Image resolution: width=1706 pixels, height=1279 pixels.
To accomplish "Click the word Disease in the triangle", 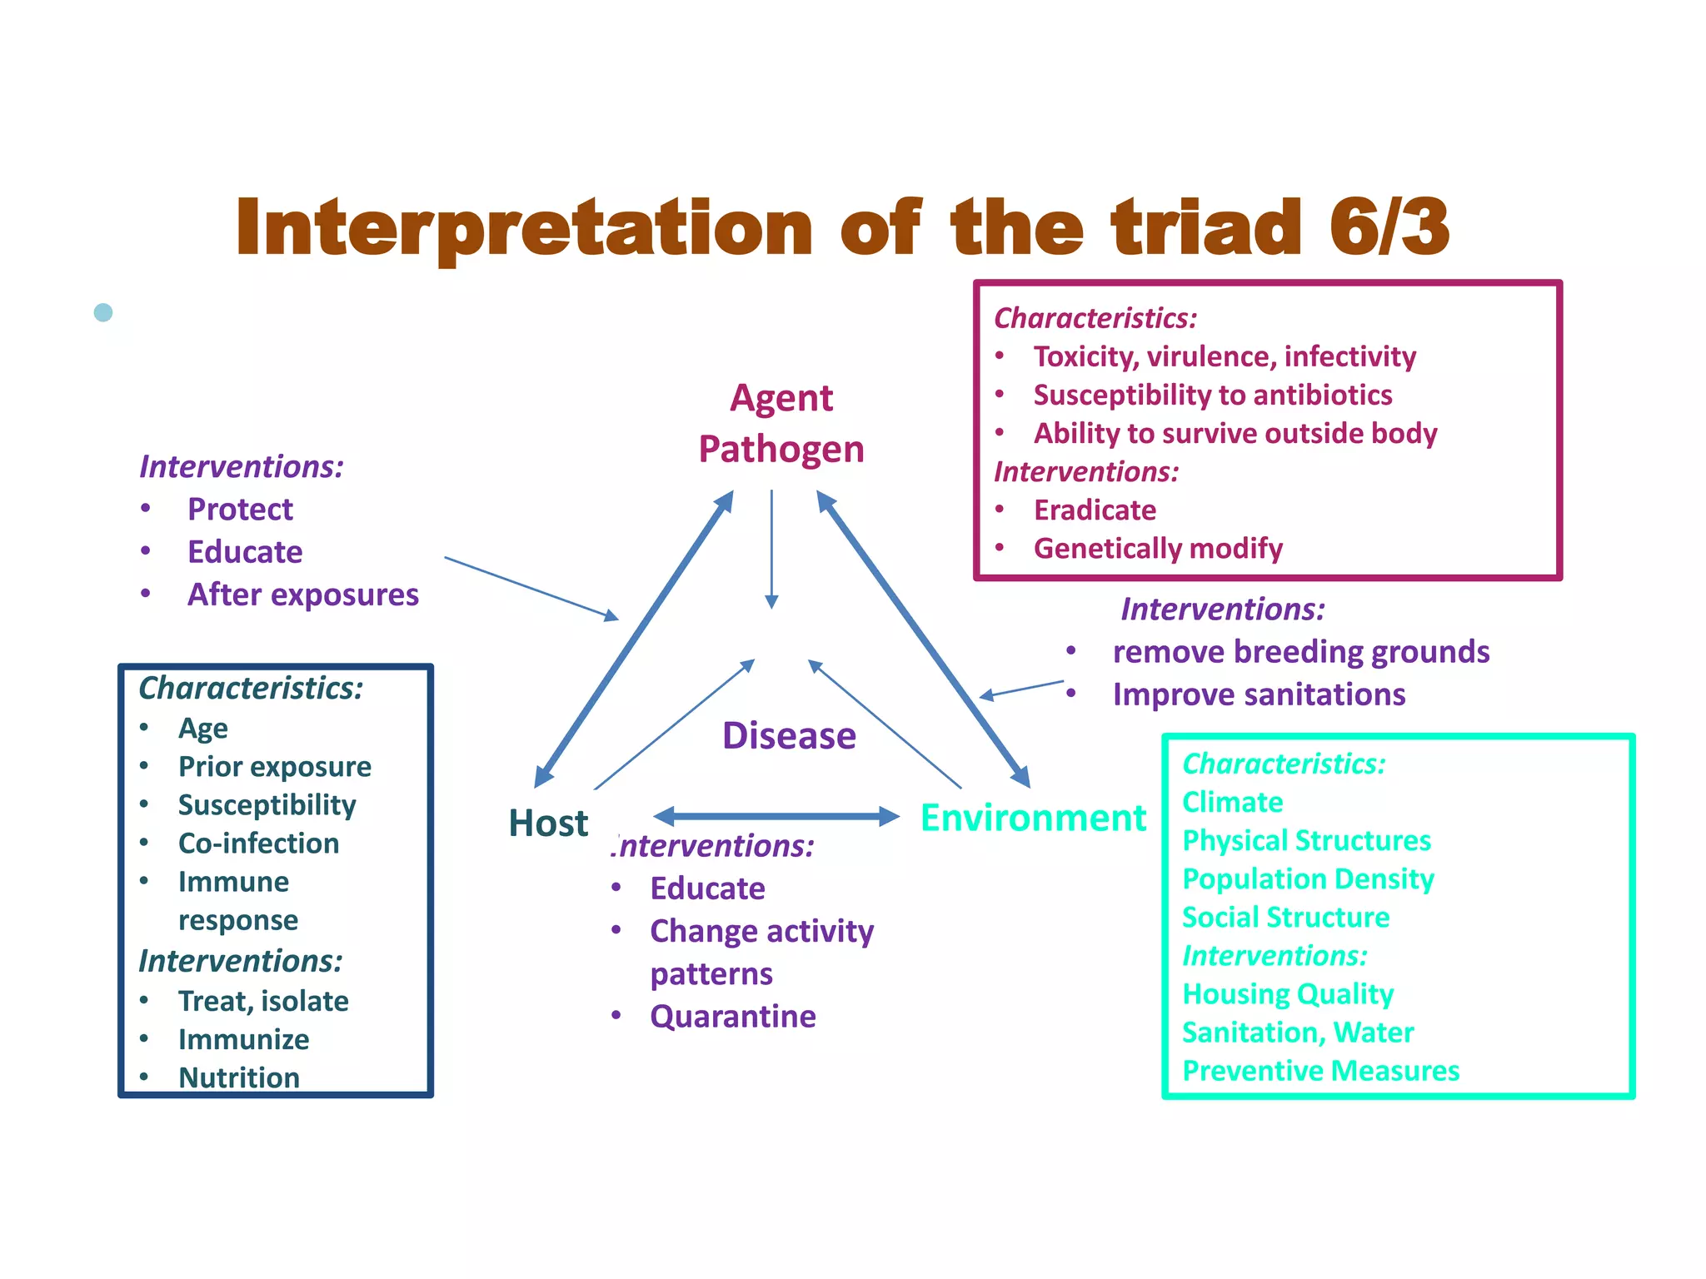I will coord(788,736).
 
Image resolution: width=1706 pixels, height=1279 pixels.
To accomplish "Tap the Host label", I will coord(548,823).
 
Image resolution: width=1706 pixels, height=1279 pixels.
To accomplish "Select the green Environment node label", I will coord(1033,818).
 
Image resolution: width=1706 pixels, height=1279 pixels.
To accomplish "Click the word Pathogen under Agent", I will coord(781,450).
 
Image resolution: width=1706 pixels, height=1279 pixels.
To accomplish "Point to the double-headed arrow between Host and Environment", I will coord(776,816).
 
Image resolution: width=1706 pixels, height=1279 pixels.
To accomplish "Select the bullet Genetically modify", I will coord(1157,549).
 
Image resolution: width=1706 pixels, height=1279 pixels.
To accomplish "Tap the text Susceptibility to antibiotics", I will coord(1212,395).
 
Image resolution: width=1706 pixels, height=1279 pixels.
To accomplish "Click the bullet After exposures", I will coord(302,595).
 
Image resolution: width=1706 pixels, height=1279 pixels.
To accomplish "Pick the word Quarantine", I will coord(732,1017).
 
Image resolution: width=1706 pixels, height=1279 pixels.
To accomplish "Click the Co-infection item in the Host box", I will coord(258,844).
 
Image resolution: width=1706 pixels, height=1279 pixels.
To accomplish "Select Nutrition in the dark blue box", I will coord(238,1077).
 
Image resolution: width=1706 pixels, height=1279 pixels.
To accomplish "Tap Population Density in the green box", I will coord(1308,879).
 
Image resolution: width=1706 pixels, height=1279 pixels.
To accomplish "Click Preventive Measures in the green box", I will coord(1320,1071).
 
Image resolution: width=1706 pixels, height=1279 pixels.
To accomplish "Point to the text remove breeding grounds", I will coord(1300,652).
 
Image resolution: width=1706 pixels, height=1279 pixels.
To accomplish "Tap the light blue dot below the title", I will coord(103,312).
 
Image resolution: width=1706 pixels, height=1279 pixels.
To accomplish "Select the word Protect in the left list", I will coord(240,510).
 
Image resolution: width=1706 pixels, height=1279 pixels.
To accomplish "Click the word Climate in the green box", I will coord(1232,803).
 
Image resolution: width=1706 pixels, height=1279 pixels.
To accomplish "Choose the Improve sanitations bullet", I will coord(1259,694).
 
